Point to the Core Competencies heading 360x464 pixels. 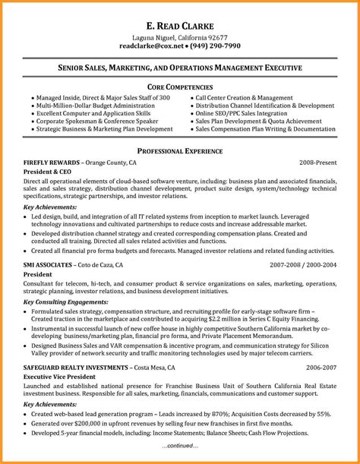click(180, 86)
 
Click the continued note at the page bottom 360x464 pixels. click(180, 446)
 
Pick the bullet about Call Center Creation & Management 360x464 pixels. click(243, 99)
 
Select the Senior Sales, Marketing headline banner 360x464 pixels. click(180, 68)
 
